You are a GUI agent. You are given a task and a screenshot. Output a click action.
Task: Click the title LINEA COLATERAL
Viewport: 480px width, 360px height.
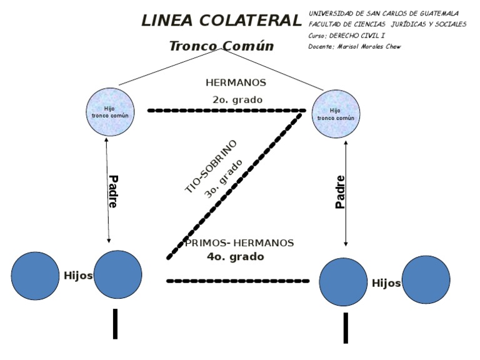point(221,21)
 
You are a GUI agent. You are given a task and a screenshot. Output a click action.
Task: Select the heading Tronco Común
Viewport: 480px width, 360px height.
point(221,46)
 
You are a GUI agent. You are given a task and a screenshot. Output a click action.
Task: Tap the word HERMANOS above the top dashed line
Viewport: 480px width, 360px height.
point(236,82)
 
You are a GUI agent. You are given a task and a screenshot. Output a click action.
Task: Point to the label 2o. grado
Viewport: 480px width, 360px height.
point(237,99)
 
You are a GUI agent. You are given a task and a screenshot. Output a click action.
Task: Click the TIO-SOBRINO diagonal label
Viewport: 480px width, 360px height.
point(211,166)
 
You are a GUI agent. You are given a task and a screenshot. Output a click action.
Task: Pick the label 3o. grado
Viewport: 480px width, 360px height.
point(223,179)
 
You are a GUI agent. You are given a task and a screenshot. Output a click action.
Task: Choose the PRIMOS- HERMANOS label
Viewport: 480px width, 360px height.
point(239,242)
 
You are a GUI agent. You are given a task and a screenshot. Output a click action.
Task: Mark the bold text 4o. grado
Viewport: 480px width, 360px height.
point(236,256)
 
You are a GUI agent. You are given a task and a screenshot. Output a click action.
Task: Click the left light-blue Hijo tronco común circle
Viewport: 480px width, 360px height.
point(110,112)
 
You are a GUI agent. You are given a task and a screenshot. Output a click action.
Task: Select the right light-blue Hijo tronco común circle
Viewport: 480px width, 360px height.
point(336,114)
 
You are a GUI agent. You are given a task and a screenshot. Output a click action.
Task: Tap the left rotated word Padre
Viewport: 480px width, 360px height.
point(113,191)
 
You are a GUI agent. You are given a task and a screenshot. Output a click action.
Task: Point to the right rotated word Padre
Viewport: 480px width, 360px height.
point(341,191)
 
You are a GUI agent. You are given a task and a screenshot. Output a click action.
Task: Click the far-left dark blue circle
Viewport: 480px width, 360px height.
point(35,276)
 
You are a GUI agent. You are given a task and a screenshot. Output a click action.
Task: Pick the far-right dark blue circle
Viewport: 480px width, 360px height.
point(426,279)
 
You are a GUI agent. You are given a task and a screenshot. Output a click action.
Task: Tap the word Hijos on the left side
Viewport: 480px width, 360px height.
point(78,276)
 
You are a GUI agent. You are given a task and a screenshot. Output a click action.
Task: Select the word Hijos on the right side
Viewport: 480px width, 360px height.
point(386,283)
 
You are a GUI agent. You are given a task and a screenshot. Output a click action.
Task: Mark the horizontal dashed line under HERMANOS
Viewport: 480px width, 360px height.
point(226,111)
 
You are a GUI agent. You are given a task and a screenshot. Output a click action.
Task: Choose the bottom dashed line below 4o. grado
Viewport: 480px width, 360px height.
point(237,281)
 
